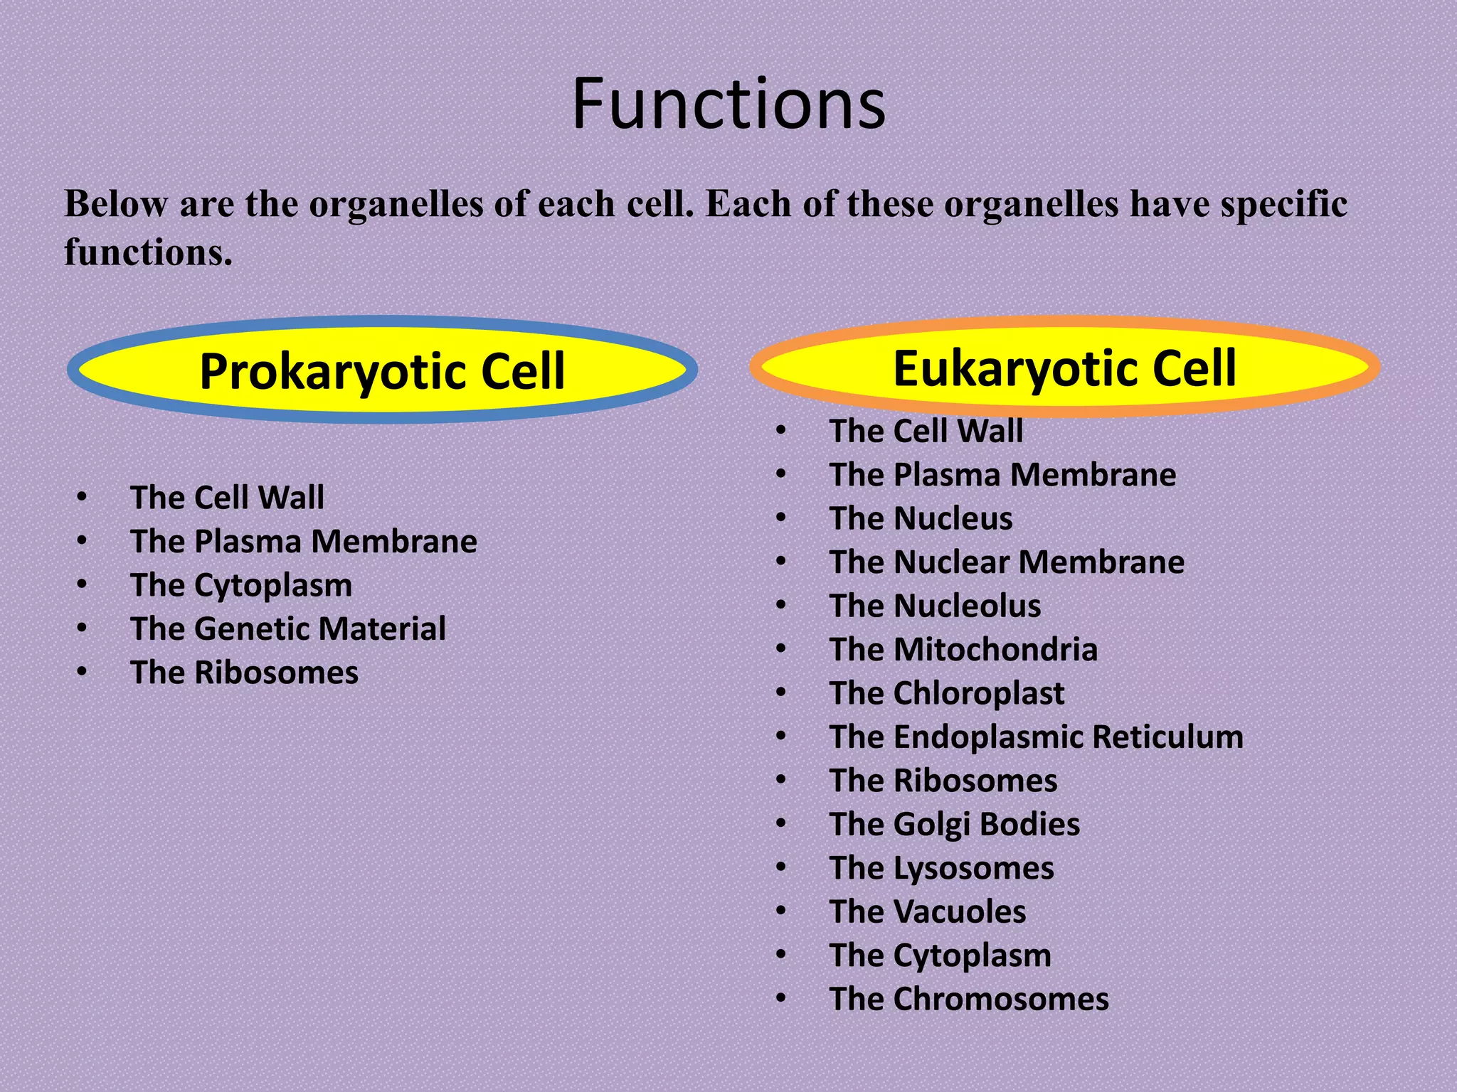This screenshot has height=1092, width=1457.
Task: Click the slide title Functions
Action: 728,105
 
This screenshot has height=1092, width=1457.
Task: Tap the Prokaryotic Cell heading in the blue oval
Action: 382,371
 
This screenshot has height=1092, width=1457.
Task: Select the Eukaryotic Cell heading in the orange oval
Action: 1064,368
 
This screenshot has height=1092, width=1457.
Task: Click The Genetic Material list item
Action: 288,629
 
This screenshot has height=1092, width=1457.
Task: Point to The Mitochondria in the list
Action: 963,650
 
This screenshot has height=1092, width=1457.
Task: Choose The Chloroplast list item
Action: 947,693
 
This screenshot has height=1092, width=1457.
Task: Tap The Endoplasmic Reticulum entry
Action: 1036,737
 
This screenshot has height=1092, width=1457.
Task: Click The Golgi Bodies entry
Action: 955,825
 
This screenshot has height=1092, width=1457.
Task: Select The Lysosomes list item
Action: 942,869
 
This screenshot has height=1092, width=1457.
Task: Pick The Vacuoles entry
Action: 928,912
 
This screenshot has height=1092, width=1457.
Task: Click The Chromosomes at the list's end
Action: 969,1000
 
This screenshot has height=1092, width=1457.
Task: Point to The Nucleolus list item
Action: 935,606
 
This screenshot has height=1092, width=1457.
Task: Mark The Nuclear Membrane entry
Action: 1007,562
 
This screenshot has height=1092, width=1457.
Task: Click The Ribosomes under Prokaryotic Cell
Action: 244,673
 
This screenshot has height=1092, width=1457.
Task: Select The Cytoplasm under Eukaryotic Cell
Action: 940,955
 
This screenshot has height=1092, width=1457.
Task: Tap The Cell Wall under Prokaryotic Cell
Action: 227,498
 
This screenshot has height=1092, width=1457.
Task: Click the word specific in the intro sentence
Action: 1283,205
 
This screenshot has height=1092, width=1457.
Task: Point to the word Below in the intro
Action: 116,205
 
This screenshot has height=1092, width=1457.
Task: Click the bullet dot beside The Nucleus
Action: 781,518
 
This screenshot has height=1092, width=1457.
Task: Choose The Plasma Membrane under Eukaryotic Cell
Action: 1002,475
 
